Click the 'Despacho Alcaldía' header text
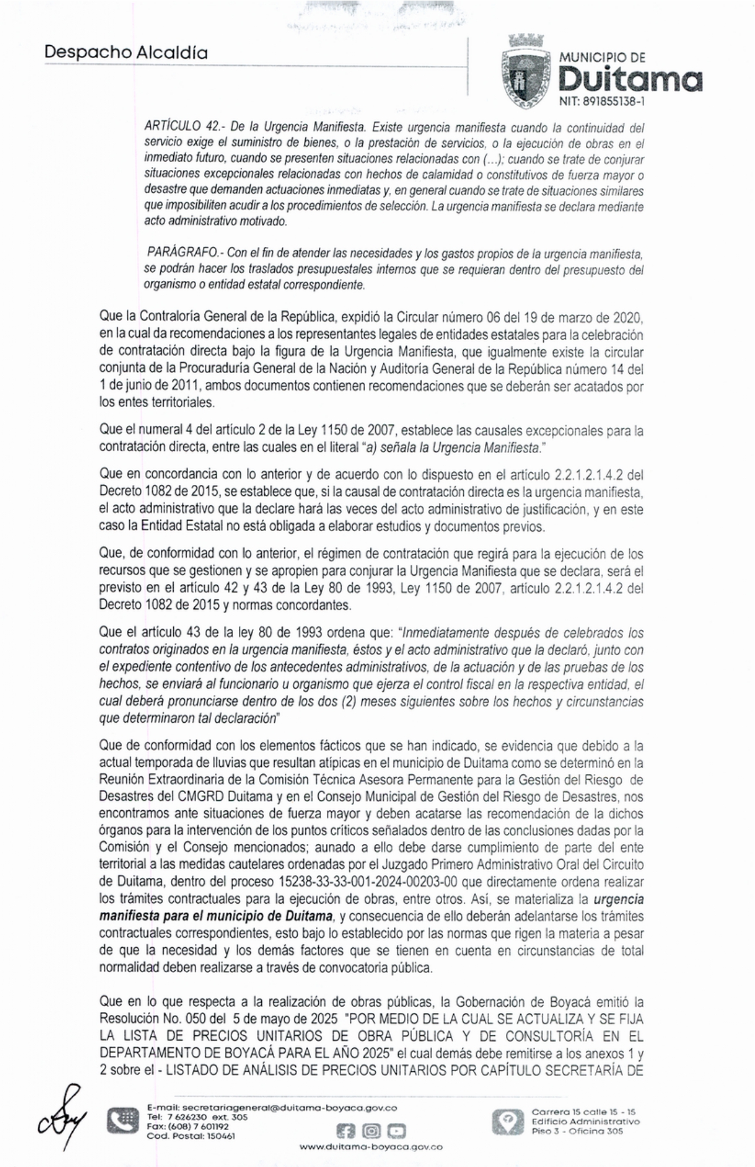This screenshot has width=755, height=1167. pyautogui.click(x=126, y=53)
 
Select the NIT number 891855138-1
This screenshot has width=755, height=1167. pyautogui.click(x=602, y=102)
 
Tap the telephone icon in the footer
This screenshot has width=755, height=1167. pyautogui.click(x=123, y=1121)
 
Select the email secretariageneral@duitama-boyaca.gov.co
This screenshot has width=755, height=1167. pyautogui.click(x=272, y=1108)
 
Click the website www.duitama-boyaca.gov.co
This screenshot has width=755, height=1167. pyautogui.click(x=371, y=1146)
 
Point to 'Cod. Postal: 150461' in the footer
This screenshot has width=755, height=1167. pyautogui.click(x=191, y=1136)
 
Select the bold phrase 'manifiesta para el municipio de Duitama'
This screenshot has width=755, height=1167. pyautogui.click(x=215, y=916)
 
